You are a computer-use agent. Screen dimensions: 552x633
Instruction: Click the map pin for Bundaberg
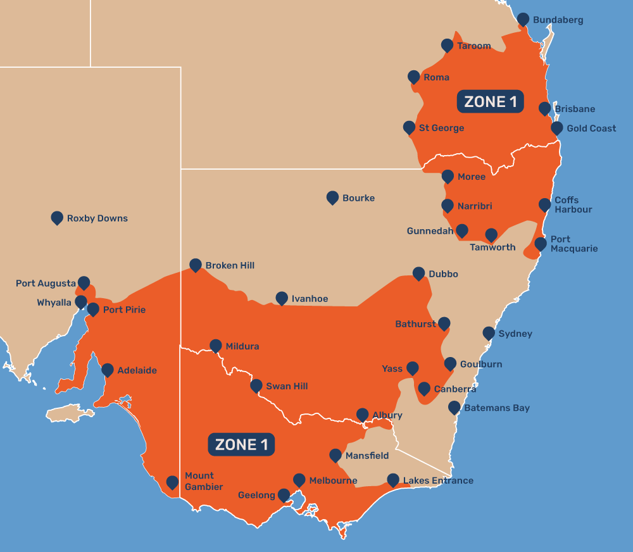tap(523, 20)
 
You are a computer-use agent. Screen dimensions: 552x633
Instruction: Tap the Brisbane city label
tap(575, 109)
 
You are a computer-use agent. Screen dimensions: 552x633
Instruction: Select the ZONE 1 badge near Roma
tap(490, 102)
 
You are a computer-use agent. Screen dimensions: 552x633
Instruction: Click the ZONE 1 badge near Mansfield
tap(241, 444)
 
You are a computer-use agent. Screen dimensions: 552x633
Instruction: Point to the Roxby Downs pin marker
tap(57, 218)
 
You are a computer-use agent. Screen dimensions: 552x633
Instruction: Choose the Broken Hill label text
tap(230, 265)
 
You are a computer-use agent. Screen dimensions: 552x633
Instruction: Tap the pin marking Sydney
tap(489, 333)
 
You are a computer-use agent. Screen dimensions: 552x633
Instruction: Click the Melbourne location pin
tap(299, 480)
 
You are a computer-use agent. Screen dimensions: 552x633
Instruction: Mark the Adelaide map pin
tap(108, 370)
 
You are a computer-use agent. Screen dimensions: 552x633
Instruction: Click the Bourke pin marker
tap(332, 198)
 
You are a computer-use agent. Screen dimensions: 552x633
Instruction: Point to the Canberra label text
tap(455, 389)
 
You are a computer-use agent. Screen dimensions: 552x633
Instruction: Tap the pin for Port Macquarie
tap(541, 244)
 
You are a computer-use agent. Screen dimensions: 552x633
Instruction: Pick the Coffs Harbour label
tap(573, 204)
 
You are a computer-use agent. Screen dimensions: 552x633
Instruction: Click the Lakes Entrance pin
tap(393, 480)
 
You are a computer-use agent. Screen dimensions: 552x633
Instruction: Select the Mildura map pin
tap(216, 346)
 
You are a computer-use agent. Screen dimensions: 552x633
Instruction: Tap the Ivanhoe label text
tap(310, 299)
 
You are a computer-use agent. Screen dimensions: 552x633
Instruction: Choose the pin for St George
tap(409, 128)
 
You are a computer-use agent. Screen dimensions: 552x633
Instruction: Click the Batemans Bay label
tap(497, 408)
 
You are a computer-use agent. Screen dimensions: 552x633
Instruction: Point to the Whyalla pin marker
tap(81, 302)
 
